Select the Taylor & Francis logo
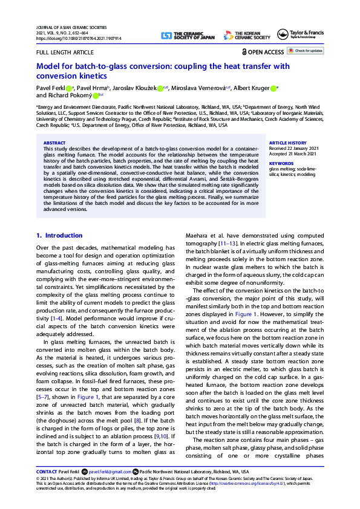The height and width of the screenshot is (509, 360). click(300, 35)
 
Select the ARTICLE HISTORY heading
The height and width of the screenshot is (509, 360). click(287, 143)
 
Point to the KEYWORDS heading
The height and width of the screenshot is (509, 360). click(281, 163)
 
